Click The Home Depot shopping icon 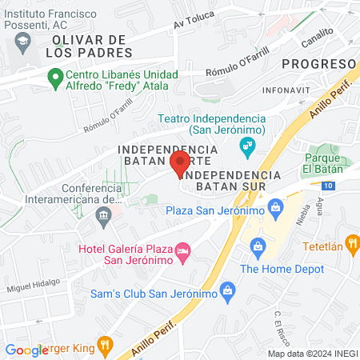tap(258, 246)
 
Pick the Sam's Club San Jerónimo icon tap(227, 288)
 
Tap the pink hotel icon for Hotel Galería tap(182, 253)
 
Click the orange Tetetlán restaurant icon tap(350, 243)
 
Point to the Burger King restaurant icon tap(104, 346)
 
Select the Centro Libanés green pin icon tap(55, 78)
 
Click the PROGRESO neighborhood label tap(324, 64)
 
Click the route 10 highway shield tap(329, 186)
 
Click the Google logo tap(26, 350)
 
